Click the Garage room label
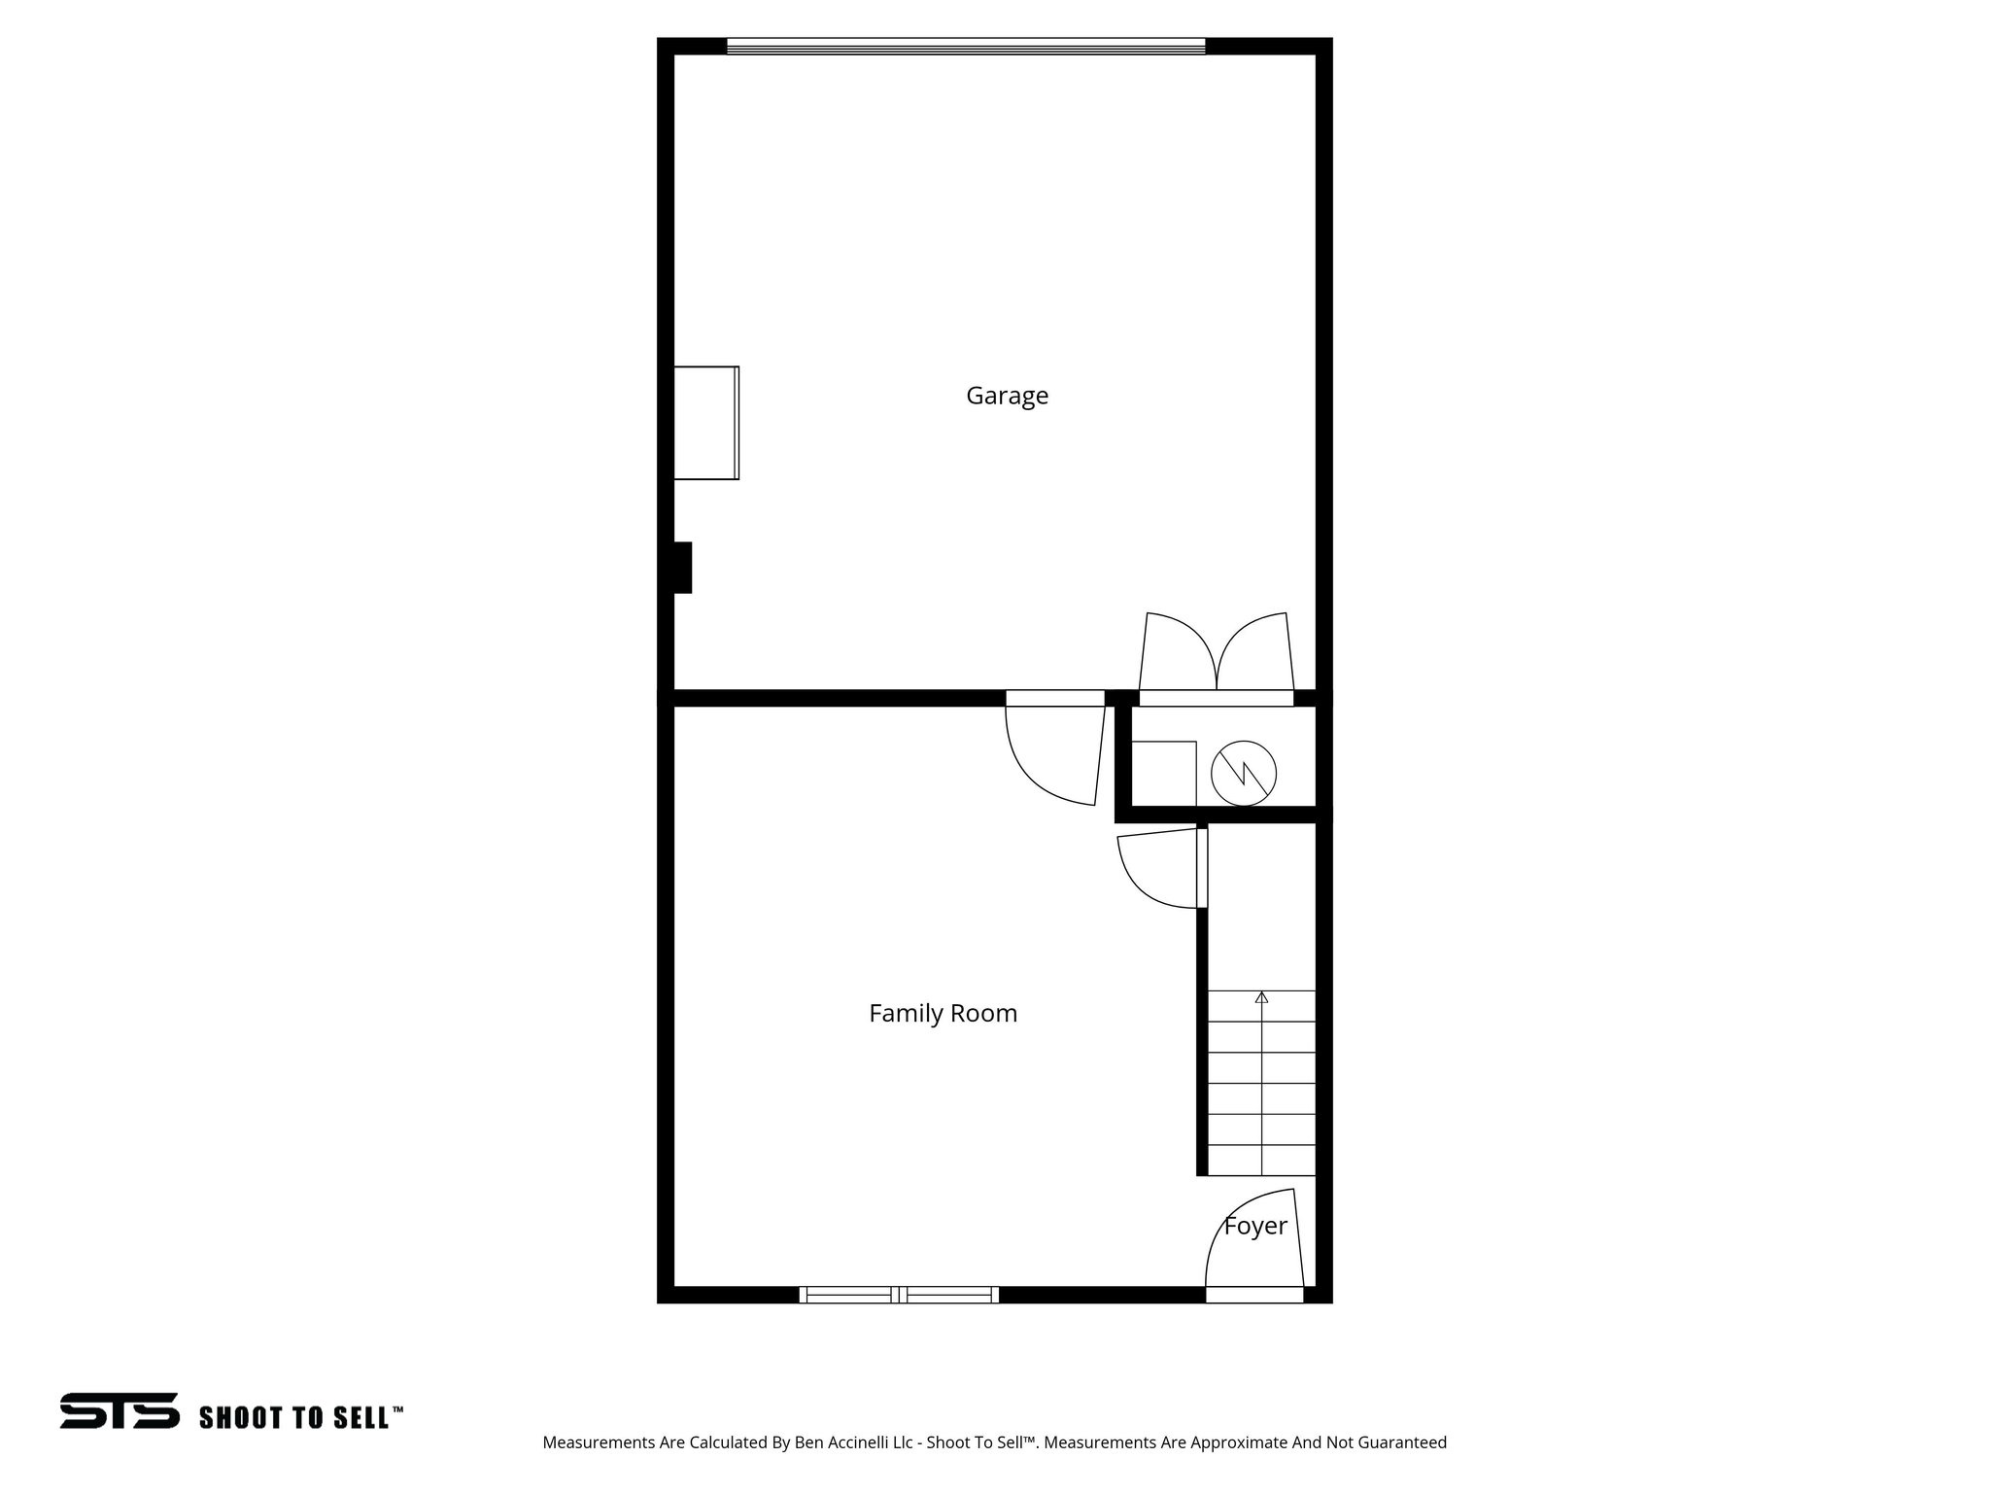point(1007,396)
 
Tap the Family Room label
point(943,1014)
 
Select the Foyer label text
point(1255,1227)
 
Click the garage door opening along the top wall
point(966,46)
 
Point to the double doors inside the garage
point(1217,656)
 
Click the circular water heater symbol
point(1243,774)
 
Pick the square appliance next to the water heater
point(1164,774)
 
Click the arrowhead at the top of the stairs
point(1261,997)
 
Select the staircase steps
point(1261,1084)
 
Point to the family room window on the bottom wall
point(899,1294)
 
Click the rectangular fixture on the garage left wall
point(706,423)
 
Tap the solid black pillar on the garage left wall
point(682,568)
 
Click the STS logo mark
point(120,1410)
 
